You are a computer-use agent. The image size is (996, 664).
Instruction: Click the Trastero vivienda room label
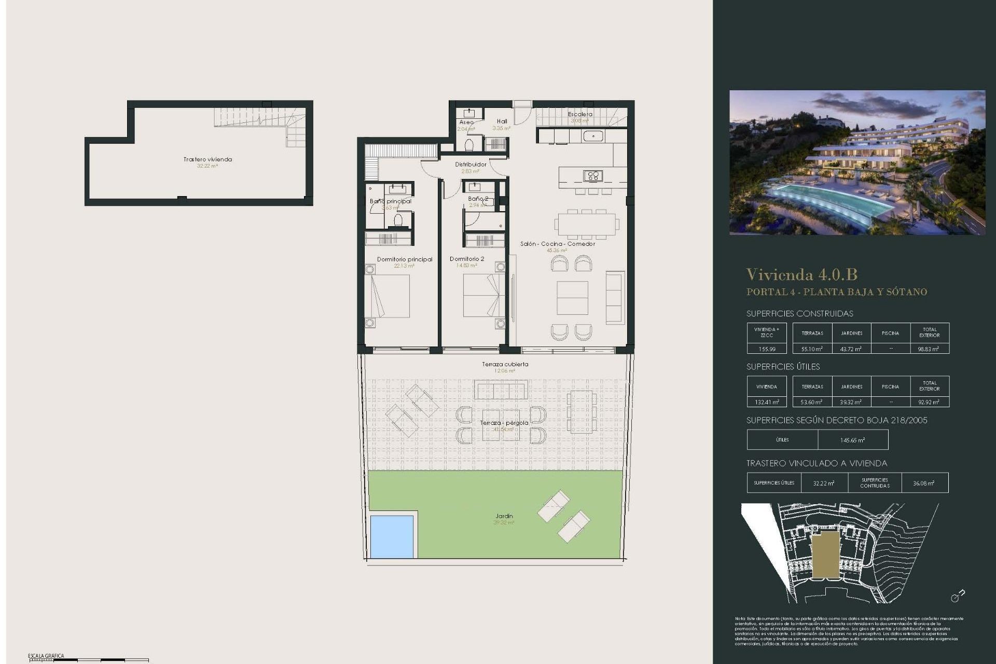(208, 159)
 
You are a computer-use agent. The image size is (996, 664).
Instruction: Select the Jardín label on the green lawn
(504, 516)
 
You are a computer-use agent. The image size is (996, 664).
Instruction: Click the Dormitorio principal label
(404, 259)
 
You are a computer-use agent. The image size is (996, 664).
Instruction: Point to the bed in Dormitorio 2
(482, 295)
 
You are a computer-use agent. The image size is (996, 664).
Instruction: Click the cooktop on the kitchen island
(593, 176)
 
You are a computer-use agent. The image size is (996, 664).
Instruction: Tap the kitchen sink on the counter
(592, 136)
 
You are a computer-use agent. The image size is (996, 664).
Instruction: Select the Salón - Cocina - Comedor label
(558, 244)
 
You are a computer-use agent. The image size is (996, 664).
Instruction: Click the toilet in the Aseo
(469, 145)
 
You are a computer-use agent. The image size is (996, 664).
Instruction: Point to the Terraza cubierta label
(505, 364)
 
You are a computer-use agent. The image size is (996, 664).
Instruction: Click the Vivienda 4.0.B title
(801, 274)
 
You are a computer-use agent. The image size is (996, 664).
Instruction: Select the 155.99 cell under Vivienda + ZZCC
(767, 349)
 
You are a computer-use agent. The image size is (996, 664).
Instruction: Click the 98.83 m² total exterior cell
(929, 349)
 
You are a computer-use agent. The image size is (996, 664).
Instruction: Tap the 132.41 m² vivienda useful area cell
(767, 402)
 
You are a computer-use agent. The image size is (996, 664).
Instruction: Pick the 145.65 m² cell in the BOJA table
(852, 440)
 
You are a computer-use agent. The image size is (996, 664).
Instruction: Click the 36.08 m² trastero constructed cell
(924, 483)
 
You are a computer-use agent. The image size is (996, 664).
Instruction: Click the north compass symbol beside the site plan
(957, 596)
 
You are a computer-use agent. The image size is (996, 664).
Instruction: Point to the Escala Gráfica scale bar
(88, 660)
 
